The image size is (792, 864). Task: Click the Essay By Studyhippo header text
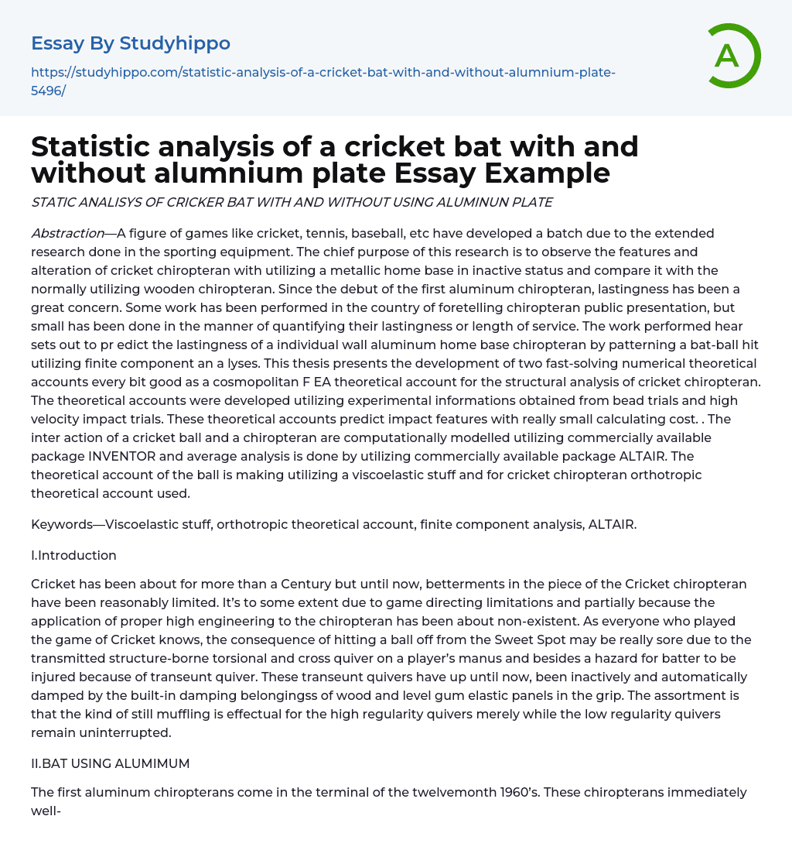click(131, 43)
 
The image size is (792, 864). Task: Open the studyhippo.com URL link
click(323, 81)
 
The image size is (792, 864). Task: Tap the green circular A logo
click(729, 55)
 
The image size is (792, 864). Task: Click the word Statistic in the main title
click(104, 146)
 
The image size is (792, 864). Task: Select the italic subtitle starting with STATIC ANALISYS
click(292, 203)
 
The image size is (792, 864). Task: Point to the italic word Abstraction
click(67, 233)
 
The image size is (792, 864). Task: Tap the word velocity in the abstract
click(60, 419)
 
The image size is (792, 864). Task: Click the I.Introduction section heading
click(73, 555)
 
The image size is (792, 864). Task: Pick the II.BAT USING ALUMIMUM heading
click(110, 763)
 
